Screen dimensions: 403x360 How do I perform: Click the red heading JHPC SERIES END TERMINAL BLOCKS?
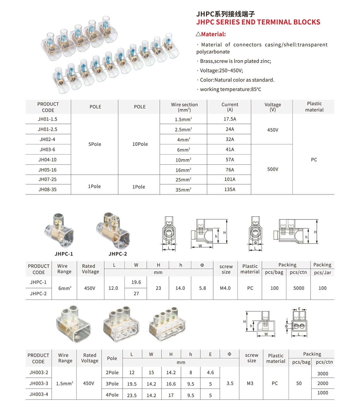click(x=258, y=22)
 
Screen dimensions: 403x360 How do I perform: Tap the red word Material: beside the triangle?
click(x=213, y=34)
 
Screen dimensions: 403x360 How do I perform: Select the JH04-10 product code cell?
click(x=47, y=160)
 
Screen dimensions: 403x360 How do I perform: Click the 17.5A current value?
click(x=230, y=119)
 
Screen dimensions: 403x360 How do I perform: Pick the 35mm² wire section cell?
click(x=183, y=190)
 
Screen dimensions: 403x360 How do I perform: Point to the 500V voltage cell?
click(x=273, y=169)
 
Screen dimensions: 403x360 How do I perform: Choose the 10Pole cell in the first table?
click(x=140, y=144)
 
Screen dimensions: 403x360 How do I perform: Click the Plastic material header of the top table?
click(x=314, y=107)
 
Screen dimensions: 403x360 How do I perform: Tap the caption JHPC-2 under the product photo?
click(x=118, y=254)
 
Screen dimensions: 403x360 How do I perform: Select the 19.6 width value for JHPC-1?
click(x=136, y=282)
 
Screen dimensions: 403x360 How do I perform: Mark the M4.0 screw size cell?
click(x=225, y=288)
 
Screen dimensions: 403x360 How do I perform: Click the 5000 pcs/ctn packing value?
click(x=298, y=288)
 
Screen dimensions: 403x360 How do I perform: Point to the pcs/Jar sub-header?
click(x=322, y=272)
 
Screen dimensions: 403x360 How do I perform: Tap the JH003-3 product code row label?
click(x=39, y=383)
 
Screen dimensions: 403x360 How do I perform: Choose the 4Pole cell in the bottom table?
click(x=112, y=395)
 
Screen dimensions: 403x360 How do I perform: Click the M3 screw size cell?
click(x=250, y=383)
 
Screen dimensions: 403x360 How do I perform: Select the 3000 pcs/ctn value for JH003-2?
click(x=323, y=374)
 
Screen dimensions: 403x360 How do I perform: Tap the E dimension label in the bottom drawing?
click(x=299, y=309)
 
